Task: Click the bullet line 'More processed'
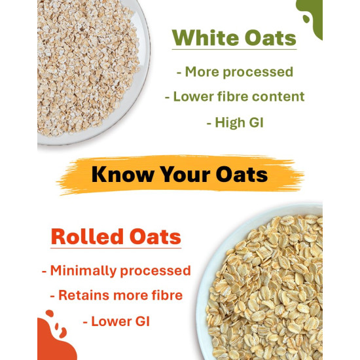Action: point(234,72)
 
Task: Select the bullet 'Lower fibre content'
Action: point(234,96)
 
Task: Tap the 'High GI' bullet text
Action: point(234,122)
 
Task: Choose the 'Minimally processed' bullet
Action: point(116,270)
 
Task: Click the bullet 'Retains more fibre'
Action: point(116,295)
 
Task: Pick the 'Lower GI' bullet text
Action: point(116,321)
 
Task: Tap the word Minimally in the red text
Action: point(82,270)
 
